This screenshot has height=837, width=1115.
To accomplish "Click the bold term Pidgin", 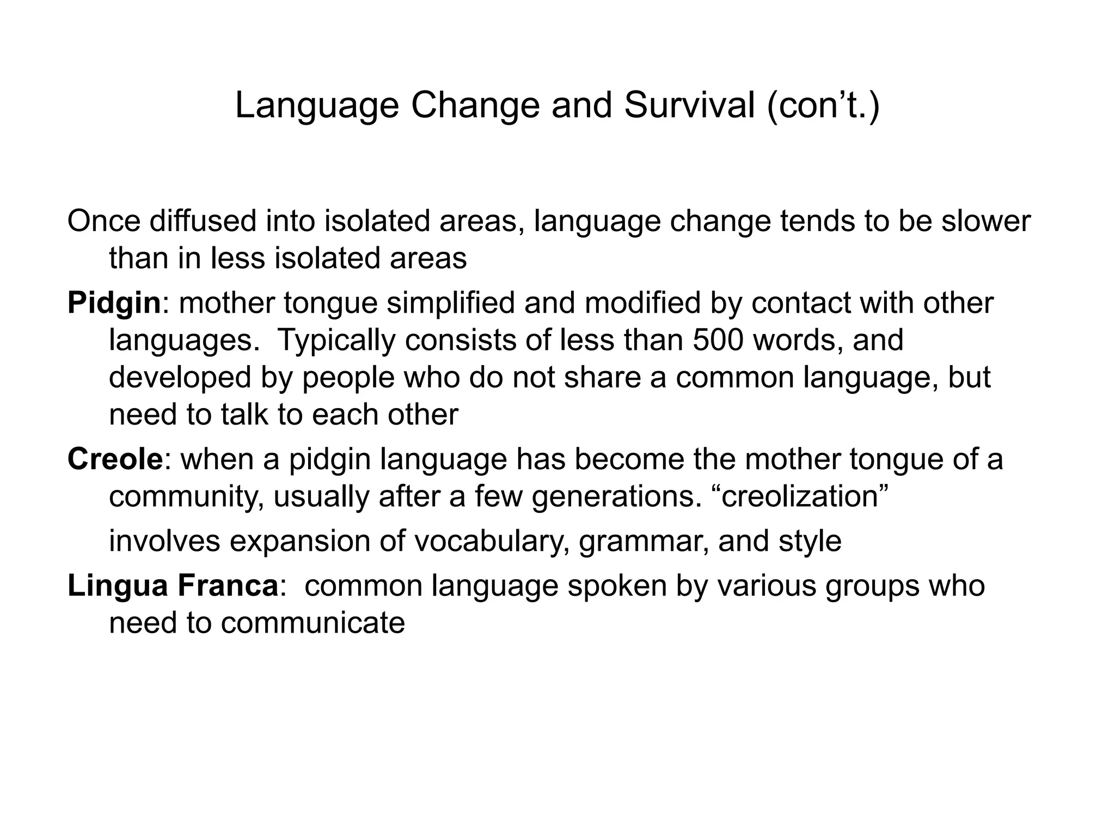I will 114,303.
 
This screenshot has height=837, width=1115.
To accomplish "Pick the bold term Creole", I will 115,459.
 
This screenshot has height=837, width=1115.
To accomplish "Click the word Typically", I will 336,340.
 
